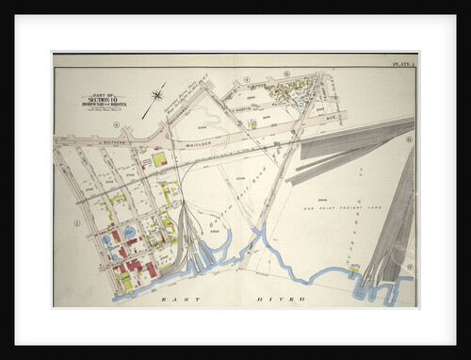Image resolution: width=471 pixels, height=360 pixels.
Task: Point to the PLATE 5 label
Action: (403, 63)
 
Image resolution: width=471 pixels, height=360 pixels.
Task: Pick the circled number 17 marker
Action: (410, 269)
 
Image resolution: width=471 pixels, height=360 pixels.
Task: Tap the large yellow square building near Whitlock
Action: (159, 160)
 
